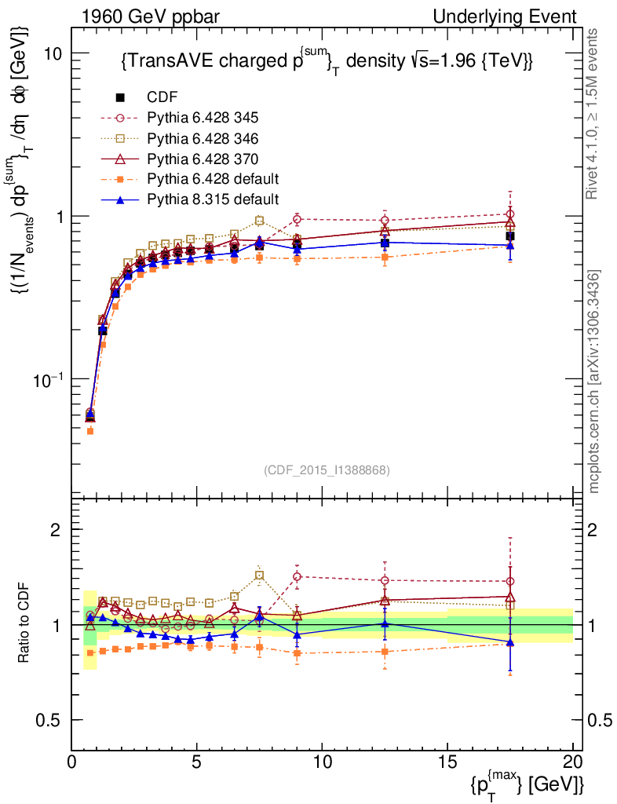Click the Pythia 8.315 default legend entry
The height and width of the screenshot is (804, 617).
[x=213, y=198]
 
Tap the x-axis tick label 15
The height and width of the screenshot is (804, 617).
[x=447, y=762]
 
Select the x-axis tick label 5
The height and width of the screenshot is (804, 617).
[x=197, y=762]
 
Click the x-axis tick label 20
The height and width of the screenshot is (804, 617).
[x=572, y=762]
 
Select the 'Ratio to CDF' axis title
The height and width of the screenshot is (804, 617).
[x=24, y=625]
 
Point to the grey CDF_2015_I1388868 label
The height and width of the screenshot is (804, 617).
[x=325, y=470]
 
